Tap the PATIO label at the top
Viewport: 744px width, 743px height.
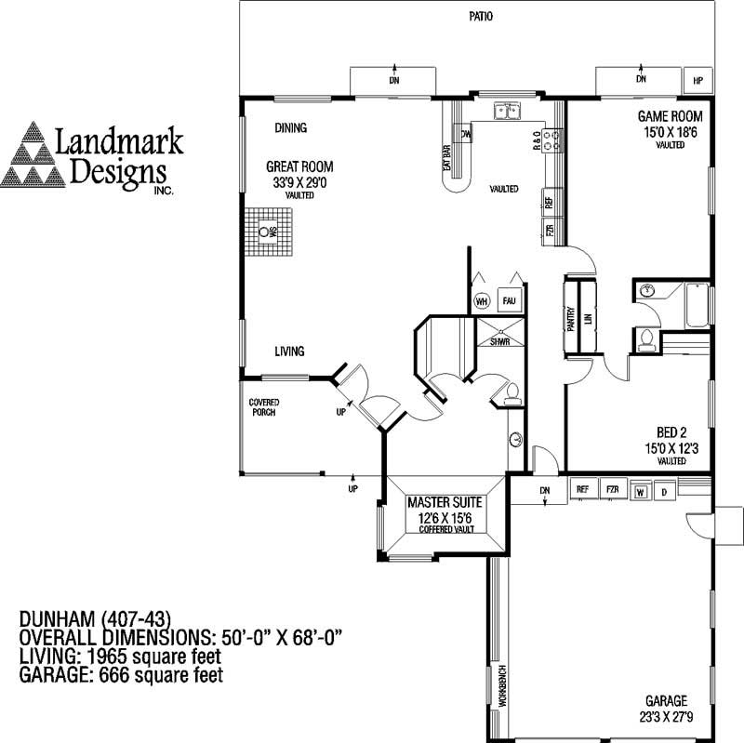coord(480,17)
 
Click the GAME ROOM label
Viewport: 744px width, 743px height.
coord(669,116)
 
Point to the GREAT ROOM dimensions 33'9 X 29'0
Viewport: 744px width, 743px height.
coord(299,182)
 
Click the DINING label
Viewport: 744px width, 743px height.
coord(290,128)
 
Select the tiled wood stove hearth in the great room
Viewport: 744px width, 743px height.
coord(270,232)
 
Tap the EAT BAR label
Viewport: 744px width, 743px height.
coord(446,155)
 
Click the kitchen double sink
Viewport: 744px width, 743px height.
coord(508,112)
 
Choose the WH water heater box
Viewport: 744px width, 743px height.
coord(481,301)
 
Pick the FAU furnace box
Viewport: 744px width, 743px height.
coord(509,301)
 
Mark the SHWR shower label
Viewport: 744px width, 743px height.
coord(500,342)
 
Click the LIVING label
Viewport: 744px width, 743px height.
coord(289,352)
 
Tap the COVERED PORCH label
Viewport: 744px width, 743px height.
coord(264,406)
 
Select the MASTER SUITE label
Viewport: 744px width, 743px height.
coord(445,503)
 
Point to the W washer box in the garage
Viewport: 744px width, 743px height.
coord(640,490)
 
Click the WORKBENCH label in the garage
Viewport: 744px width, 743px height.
coord(500,688)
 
